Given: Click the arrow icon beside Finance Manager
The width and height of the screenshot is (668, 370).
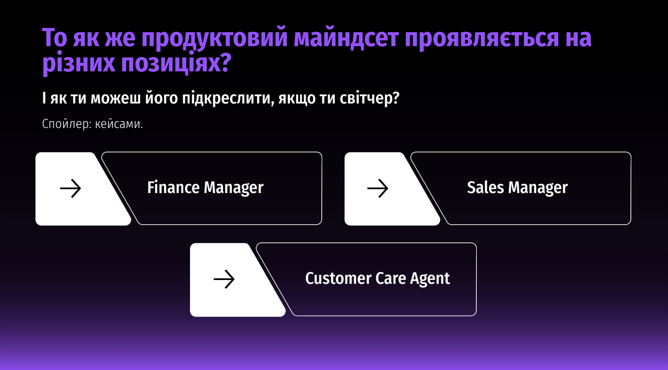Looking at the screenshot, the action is click(x=71, y=188).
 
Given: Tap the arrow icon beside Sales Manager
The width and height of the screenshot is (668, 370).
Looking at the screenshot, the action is click(x=377, y=188).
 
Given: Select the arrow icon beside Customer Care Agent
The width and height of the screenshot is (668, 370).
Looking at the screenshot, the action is click(x=224, y=279).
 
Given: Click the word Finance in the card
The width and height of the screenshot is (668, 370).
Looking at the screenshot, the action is click(x=173, y=188).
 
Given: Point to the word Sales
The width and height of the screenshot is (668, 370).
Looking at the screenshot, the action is click(x=486, y=188).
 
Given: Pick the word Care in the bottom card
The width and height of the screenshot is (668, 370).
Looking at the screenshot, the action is click(x=391, y=278).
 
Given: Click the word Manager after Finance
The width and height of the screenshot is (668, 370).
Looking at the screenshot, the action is click(x=234, y=188).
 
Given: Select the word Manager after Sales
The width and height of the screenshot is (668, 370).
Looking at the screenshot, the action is click(x=538, y=188).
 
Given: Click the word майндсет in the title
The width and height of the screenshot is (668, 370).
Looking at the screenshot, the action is click(x=346, y=38).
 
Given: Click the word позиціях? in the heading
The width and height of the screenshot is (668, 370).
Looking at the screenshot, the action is click(x=176, y=63).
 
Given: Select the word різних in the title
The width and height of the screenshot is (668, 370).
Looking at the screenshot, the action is click(x=79, y=64).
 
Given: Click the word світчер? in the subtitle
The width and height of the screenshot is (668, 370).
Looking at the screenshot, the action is click(x=369, y=98).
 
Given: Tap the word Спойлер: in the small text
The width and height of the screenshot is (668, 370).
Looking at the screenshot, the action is click(x=67, y=124).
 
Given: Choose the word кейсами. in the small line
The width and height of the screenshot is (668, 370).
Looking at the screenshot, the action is click(x=119, y=124).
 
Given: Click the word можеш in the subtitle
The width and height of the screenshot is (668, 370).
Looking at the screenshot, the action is click(x=115, y=98).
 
